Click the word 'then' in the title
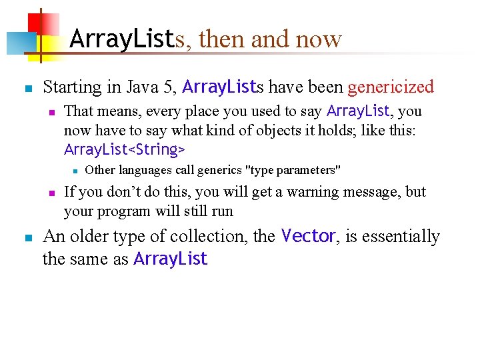221,39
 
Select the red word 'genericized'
391,87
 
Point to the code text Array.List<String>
125,148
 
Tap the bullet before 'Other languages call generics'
75,171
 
